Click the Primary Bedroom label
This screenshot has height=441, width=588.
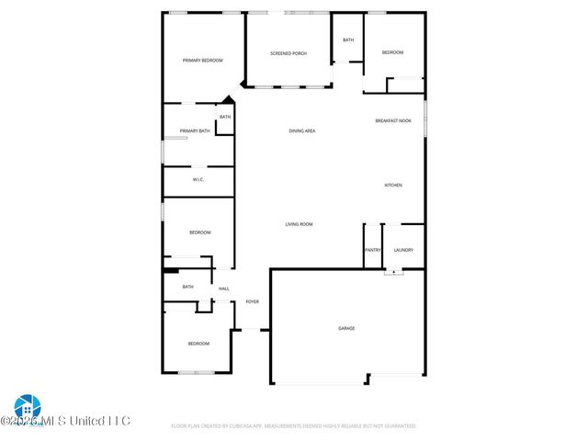[x=203, y=61]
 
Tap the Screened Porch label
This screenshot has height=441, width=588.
[x=288, y=54]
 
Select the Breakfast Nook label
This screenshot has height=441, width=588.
[x=393, y=121]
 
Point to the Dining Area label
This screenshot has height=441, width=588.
[x=302, y=131]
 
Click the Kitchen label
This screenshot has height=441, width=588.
[x=393, y=186]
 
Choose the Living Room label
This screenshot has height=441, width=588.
[x=300, y=224]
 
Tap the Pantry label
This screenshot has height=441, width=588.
[x=373, y=250]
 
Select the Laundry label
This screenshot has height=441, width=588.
[x=403, y=250]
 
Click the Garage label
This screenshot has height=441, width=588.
[x=346, y=328]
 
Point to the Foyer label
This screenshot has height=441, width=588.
[x=252, y=301]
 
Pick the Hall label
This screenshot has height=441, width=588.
[x=223, y=289]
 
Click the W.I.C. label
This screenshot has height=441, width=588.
[x=198, y=179]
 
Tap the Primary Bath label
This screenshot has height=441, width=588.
[x=195, y=131]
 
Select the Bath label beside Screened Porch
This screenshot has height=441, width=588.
[x=348, y=40]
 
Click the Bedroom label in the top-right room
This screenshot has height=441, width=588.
[x=393, y=52]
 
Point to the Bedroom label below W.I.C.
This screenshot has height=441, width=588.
[x=200, y=232]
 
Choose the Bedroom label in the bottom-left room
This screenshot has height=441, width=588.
[x=198, y=344]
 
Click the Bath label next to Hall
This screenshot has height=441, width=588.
[x=187, y=287]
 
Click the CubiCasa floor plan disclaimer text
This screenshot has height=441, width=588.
[x=294, y=426]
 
